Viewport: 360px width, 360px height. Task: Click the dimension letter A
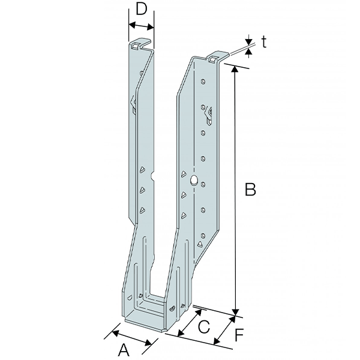click(x=123, y=349)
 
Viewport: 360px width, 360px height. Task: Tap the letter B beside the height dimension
click(x=251, y=190)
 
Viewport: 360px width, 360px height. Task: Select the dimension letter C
click(x=204, y=327)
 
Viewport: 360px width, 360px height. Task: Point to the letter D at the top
click(x=142, y=9)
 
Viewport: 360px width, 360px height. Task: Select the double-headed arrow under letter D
click(x=142, y=26)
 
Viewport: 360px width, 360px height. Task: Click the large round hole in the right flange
click(x=194, y=179)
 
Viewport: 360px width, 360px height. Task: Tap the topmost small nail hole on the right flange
click(x=203, y=80)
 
